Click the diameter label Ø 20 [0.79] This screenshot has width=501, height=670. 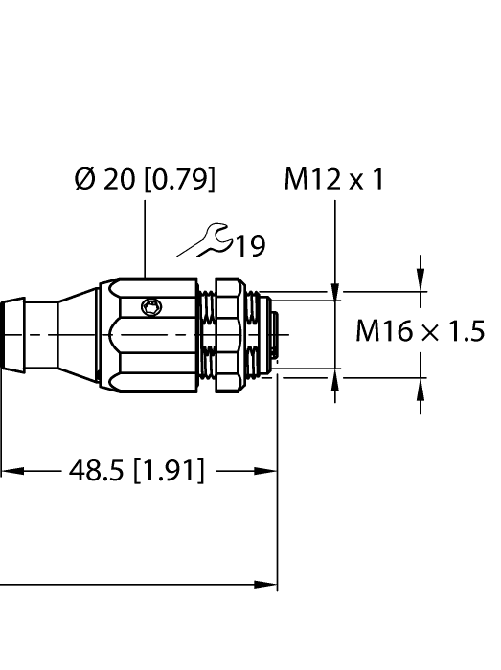[145, 180]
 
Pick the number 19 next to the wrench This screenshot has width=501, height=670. [250, 247]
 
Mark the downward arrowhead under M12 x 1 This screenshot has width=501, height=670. [335, 286]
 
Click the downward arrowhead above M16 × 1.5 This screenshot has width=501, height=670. [420, 276]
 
